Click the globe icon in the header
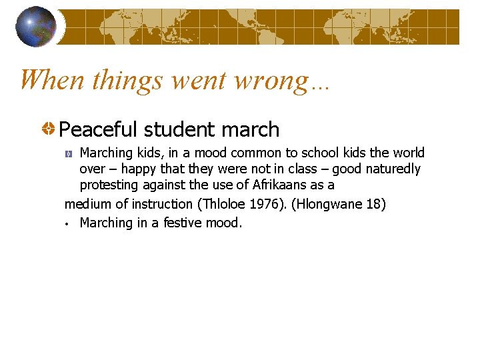[x=36, y=27]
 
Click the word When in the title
[x=53, y=80]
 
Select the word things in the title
[x=128, y=80]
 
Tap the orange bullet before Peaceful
[x=49, y=128]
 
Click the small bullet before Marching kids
[x=69, y=154]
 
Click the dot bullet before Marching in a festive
[x=67, y=223]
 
